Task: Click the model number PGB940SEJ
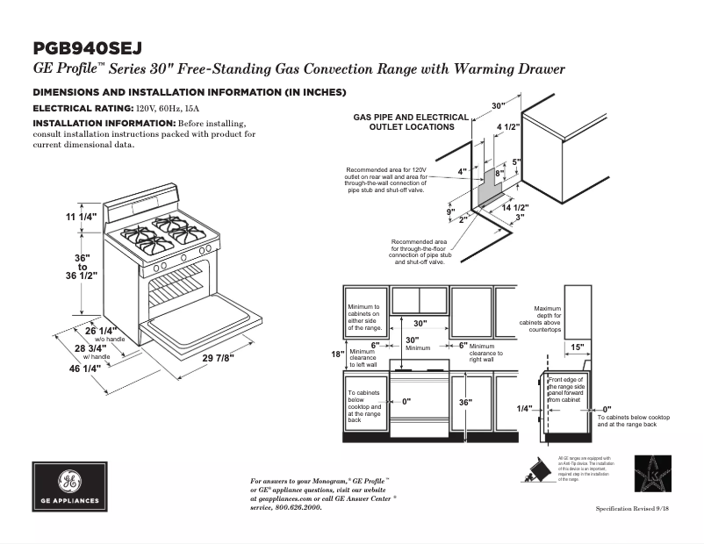[x=87, y=48]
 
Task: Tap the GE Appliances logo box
[x=69, y=487]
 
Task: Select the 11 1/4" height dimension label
[x=81, y=216]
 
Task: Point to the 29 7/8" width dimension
[x=218, y=359]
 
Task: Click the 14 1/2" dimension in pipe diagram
[x=515, y=207]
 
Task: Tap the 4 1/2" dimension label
[x=508, y=128]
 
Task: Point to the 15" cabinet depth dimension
[x=577, y=347]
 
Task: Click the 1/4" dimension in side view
[x=525, y=409]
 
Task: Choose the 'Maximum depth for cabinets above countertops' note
[x=548, y=319]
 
